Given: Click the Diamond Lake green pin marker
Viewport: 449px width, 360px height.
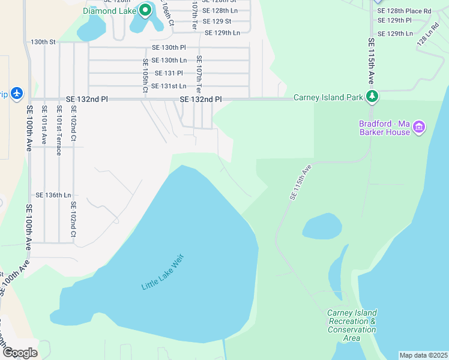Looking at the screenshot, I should (x=145, y=10).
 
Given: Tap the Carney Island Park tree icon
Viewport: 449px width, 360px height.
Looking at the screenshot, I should (x=373, y=97).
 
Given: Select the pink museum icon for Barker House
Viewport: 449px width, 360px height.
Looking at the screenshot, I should (x=419, y=127).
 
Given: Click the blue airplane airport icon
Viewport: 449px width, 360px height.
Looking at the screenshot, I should (x=16, y=94).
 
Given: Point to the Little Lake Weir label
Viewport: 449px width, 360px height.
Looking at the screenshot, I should (x=161, y=273).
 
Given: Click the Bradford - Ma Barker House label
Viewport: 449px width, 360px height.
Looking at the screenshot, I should (x=384, y=128).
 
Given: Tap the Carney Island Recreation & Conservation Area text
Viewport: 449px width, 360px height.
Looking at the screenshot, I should (x=352, y=325).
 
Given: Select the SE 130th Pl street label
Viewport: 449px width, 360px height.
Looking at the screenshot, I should (x=169, y=47).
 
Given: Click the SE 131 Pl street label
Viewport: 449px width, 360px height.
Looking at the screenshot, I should (x=168, y=73).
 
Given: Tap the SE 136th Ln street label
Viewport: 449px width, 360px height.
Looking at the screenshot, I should (x=53, y=195).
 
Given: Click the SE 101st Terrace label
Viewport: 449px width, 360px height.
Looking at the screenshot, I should (x=59, y=130).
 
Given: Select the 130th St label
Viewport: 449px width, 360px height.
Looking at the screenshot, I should (x=43, y=42).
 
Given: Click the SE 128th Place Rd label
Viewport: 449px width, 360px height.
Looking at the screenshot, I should (x=403, y=11).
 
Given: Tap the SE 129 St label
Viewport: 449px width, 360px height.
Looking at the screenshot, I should (x=217, y=22).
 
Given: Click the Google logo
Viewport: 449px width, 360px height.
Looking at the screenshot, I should (x=19, y=352).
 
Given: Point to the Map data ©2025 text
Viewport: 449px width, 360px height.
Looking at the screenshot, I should (x=423, y=355).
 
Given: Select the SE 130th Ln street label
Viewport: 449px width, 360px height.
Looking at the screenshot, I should (x=169, y=61).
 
